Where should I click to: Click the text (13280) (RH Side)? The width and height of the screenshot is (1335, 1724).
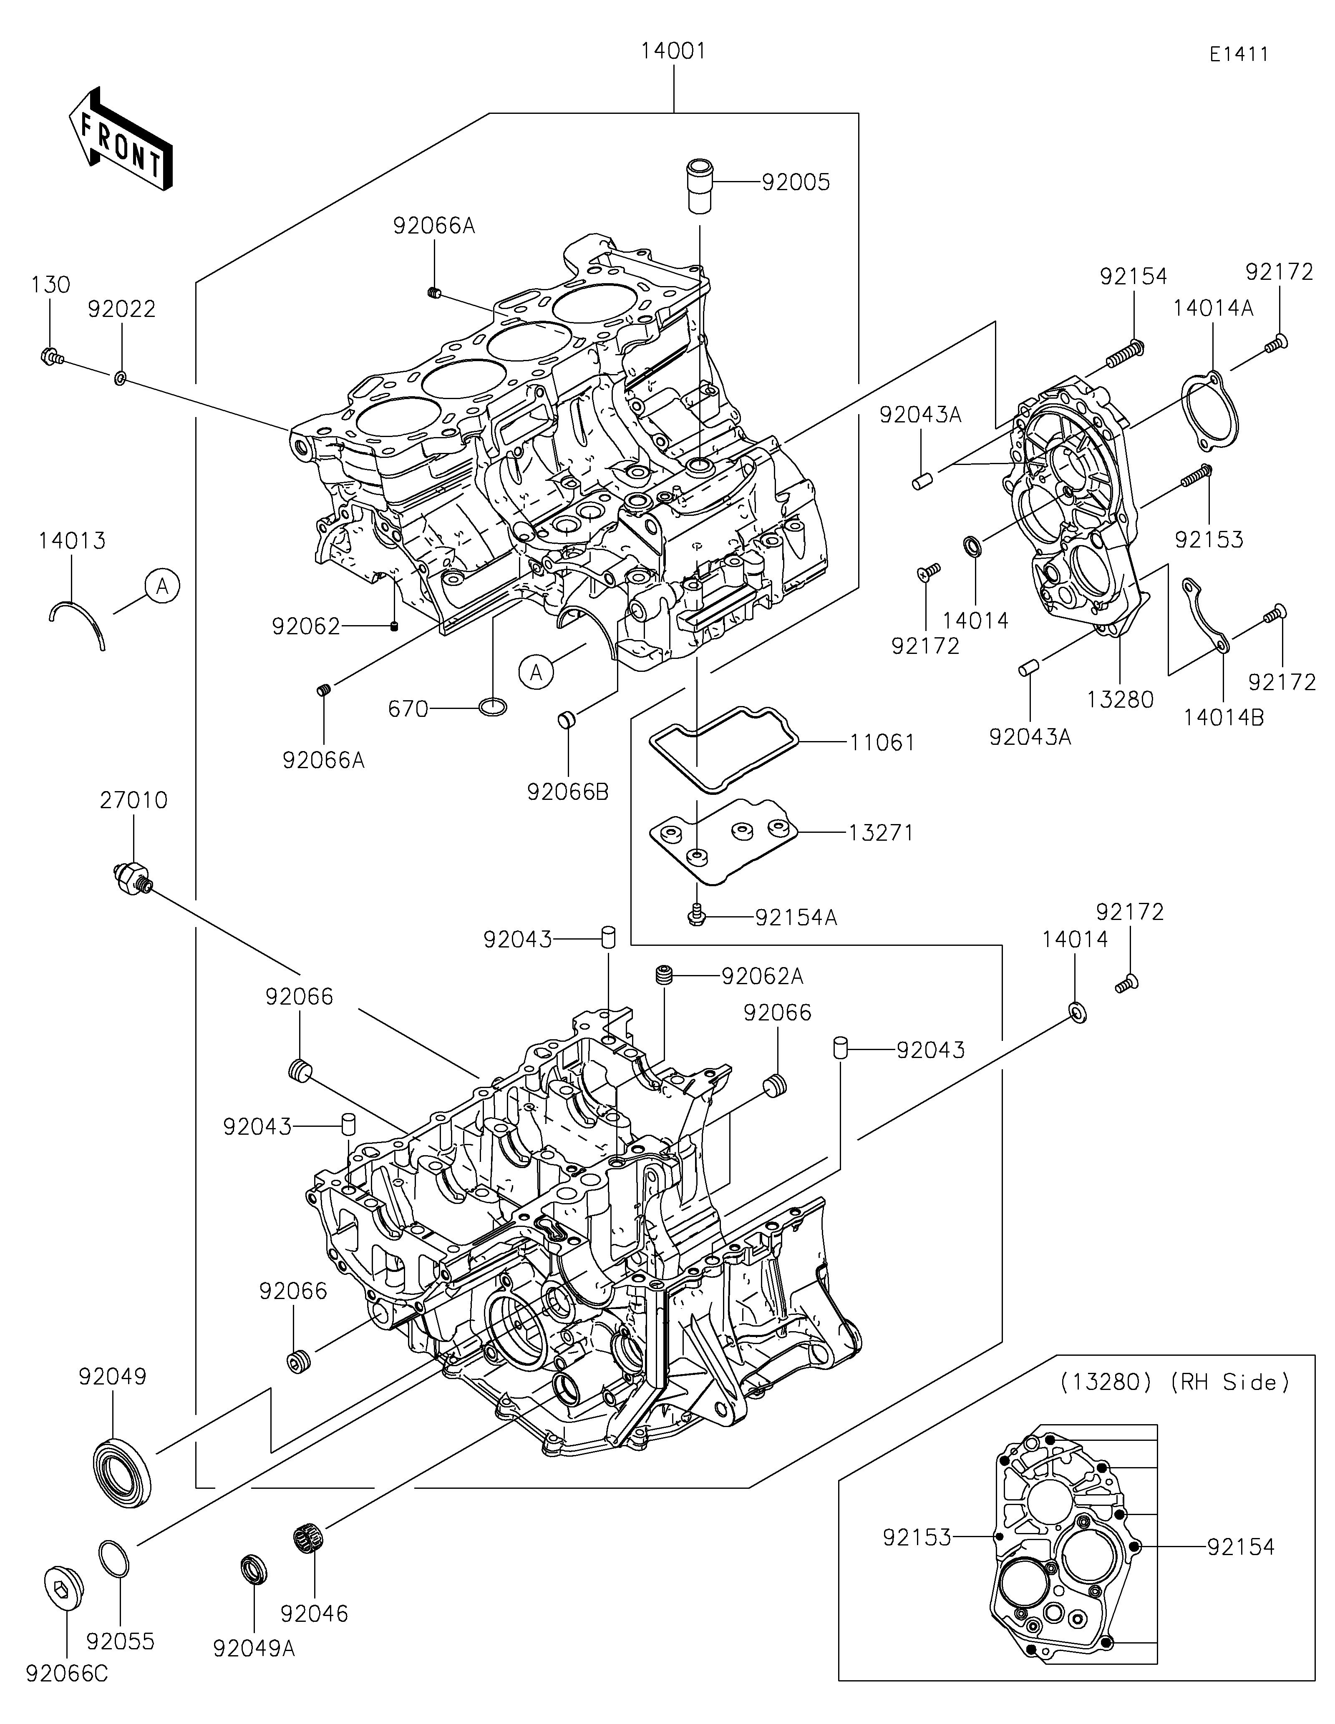tap(1174, 1382)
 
